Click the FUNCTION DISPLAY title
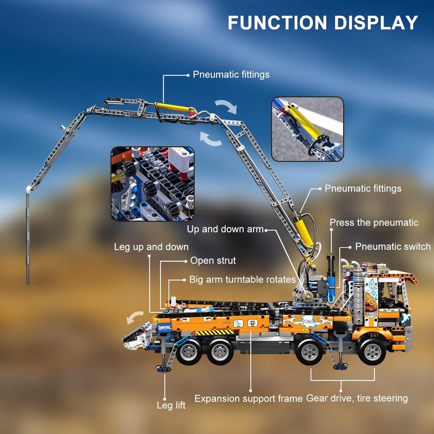pyautogui.click(x=323, y=23)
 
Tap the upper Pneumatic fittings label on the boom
pyautogui.click(x=231, y=74)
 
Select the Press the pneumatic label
pyautogui.click(x=374, y=223)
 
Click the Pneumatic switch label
pyautogui.click(x=393, y=247)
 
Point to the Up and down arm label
pyautogui.click(x=225, y=229)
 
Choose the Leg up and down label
pyautogui.click(x=151, y=247)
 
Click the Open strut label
pyautogui.click(x=213, y=261)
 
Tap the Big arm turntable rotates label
pyautogui.click(x=242, y=280)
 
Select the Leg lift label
pyautogui.click(x=171, y=405)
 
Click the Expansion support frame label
pyautogui.click(x=248, y=399)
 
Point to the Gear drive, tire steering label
pyautogui.click(x=357, y=398)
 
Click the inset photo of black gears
pyautogui.click(x=153, y=184)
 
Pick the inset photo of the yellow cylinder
pyautogui.click(x=307, y=129)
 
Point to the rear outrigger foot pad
pyautogui.click(x=163, y=368)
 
